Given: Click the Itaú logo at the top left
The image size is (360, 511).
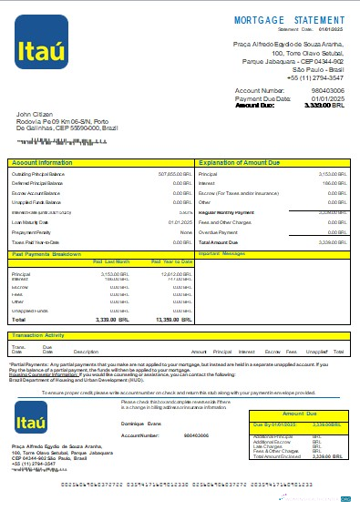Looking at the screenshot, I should (42, 41).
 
